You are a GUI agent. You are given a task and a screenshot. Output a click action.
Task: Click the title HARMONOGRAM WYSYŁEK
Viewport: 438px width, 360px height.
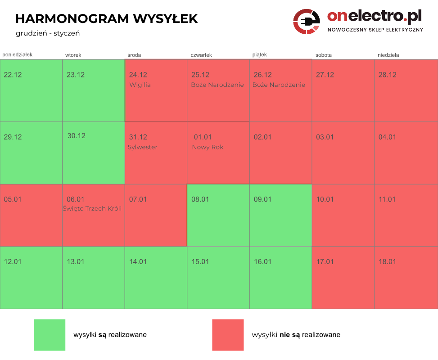[106, 19]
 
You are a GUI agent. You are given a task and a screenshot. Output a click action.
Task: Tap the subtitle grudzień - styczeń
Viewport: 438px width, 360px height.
[47, 33]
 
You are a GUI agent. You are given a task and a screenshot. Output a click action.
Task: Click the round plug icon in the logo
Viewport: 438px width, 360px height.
[307, 21]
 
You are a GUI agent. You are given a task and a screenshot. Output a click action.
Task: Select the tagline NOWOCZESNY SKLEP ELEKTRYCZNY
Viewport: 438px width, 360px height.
[375, 30]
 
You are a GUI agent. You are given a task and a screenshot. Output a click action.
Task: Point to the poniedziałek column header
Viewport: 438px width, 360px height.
[18, 54]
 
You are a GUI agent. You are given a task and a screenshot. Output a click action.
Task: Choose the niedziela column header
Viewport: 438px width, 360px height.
[388, 55]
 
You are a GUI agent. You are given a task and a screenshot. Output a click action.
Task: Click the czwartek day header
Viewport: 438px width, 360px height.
[201, 55]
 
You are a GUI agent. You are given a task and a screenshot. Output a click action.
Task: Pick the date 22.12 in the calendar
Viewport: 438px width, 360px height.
[13, 75]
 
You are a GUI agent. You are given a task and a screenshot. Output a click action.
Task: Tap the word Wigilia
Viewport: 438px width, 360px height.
[140, 85]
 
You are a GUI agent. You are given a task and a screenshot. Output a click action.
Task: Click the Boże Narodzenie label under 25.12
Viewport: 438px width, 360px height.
[217, 85]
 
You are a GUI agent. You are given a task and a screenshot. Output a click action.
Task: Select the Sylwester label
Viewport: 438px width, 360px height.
[143, 147]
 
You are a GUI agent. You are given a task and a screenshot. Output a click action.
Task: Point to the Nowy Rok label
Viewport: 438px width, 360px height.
[208, 147]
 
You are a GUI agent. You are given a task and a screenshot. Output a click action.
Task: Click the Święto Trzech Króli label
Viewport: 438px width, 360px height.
[92, 208]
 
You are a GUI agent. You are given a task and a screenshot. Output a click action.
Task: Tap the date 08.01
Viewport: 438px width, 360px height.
[200, 199]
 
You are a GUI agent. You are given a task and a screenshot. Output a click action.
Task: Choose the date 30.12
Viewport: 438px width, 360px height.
[77, 136]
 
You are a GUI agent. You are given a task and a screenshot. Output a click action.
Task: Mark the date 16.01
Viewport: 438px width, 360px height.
[263, 261]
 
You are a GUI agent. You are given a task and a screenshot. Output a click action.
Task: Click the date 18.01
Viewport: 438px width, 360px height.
[387, 261]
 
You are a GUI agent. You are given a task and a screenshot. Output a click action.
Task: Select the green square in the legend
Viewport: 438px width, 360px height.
[50, 335]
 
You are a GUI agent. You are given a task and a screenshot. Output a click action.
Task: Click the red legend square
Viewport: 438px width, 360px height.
[228, 335]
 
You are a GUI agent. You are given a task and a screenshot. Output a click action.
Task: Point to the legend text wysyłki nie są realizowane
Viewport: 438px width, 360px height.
[296, 335]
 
